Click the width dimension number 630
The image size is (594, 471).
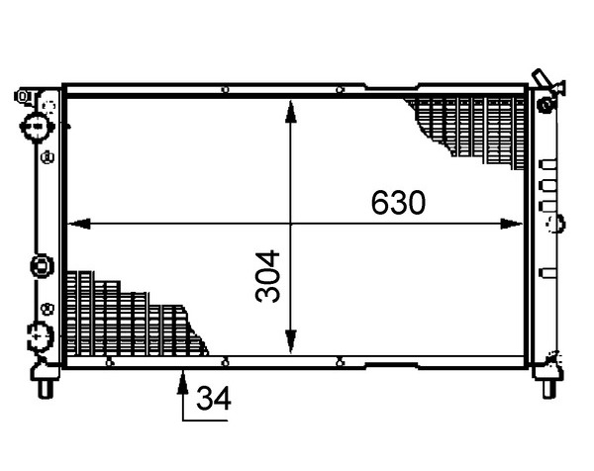398,203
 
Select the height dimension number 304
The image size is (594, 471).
268,276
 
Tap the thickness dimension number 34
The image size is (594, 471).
214,399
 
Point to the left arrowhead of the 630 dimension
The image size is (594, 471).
79,224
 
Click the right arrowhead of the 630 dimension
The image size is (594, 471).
512,224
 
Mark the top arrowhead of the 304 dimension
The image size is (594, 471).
290,112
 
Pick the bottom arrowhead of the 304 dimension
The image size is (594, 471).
290,341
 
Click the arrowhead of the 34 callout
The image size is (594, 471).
182,382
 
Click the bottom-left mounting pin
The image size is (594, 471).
46,389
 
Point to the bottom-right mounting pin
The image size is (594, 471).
548,389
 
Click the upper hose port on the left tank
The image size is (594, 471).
36,126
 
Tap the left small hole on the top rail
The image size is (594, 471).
225,90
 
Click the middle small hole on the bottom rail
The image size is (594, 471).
225,363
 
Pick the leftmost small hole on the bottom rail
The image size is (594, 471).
109,363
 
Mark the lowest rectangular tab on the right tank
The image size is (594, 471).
547,273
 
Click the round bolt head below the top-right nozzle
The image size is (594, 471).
546,105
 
